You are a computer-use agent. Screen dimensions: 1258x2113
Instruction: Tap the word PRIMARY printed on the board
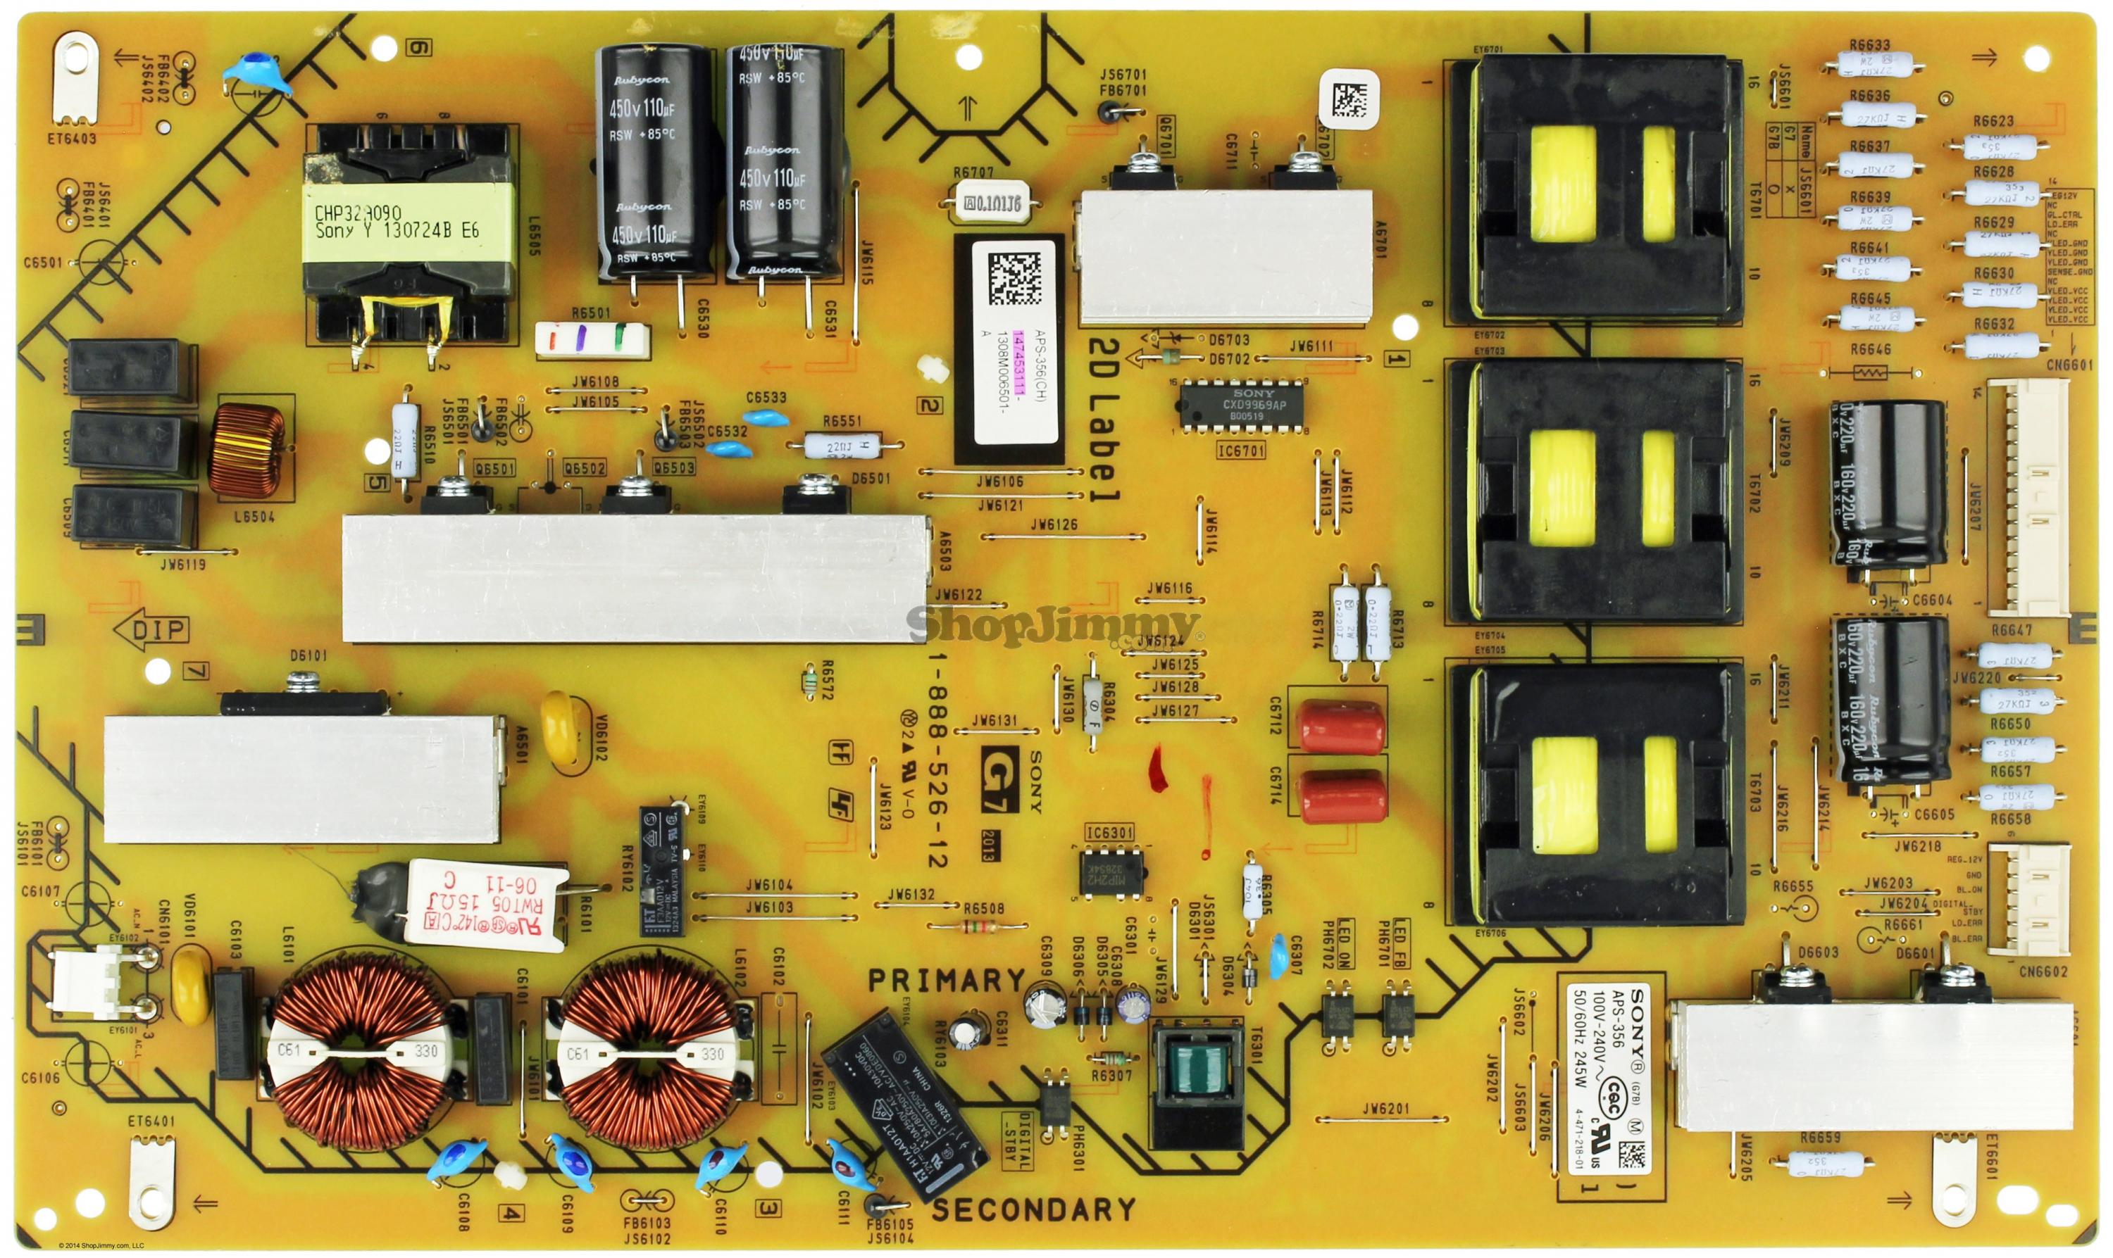coord(946,981)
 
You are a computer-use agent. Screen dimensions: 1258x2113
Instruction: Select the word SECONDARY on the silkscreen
coord(1033,1209)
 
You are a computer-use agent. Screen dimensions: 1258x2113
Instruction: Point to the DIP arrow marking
coord(151,630)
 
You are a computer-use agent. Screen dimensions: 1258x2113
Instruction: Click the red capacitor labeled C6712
coord(1342,726)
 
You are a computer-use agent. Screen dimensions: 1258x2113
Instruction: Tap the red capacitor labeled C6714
coord(1342,797)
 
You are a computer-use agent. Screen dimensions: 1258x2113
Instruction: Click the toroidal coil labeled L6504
coord(247,453)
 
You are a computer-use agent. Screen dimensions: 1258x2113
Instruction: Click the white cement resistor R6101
coord(485,901)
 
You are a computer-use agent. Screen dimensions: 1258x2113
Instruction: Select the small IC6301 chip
coord(1111,872)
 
